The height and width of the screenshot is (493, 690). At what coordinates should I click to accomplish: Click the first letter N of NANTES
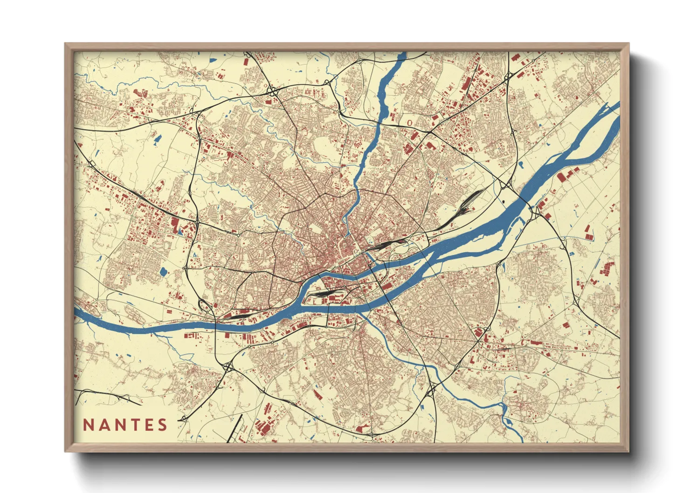tap(88, 425)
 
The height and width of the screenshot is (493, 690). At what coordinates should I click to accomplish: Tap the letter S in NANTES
tap(162, 425)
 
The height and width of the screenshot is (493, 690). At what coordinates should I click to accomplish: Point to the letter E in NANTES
tap(148, 425)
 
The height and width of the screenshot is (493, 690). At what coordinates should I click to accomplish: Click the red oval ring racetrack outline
tap(409, 123)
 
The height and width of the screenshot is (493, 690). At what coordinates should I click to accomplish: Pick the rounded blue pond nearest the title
tap(163, 271)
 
